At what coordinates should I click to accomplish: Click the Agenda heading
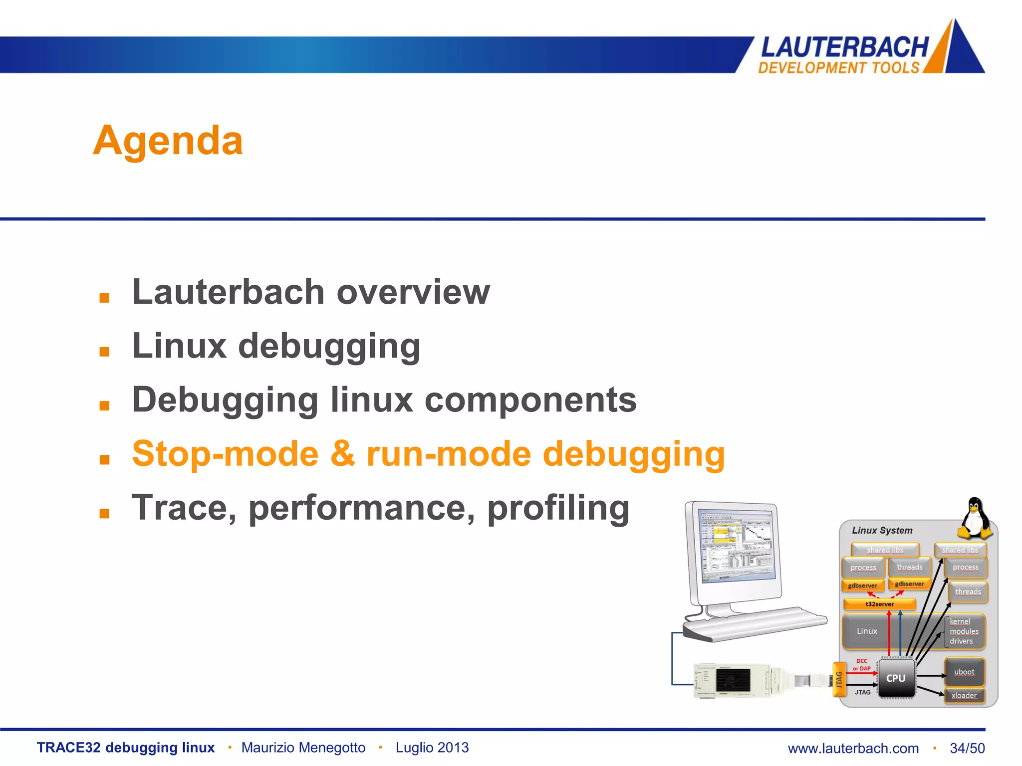168,141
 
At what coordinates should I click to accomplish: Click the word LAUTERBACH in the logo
844,48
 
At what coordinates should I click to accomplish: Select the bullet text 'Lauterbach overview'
311,292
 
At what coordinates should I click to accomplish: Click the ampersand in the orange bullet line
342,454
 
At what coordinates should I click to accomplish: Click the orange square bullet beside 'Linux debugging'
104,352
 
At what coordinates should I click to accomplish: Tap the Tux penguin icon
975,519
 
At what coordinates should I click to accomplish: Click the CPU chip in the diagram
896,678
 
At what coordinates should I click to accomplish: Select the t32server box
879,604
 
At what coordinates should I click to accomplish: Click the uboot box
964,672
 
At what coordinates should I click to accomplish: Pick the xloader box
964,696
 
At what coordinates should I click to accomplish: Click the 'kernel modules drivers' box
964,631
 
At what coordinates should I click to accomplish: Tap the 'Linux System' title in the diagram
882,531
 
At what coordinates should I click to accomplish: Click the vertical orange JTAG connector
839,679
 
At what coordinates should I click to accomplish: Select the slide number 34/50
967,748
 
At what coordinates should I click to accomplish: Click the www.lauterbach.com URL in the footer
853,748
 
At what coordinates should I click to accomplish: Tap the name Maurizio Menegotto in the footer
303,748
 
